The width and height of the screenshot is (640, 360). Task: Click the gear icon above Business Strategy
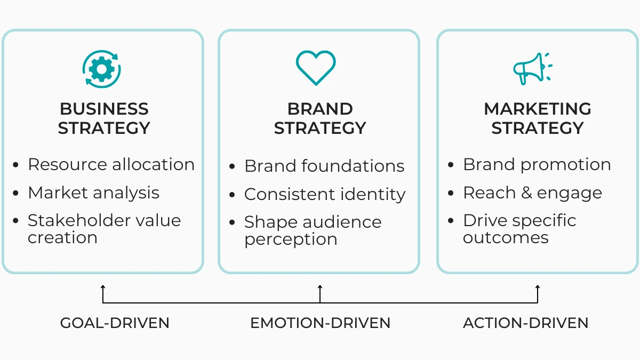[x=102, y=69]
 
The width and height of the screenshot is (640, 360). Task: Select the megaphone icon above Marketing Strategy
[x=532, y=68]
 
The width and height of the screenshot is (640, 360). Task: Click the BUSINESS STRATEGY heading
[x=104, y=118]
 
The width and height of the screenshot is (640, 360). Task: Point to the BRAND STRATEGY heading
[x=320, y=118]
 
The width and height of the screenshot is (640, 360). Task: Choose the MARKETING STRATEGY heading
[x=538, y=118]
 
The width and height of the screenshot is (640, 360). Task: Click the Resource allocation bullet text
[x=111, y=164]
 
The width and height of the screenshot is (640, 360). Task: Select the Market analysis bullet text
[x=93, y=193]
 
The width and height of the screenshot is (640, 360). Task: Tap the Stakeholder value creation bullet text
[x=104, y=229]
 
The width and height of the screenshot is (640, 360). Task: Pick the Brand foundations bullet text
[x=324, y=166]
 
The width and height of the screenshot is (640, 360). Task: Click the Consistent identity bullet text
[x=325, y=195]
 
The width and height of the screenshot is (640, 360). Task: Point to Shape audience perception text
[x=313, y=230]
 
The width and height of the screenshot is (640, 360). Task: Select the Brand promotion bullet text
[x=537, y=164]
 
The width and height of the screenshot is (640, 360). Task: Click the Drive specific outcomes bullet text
[x=519, y=229]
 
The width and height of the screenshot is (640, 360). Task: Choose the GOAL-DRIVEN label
[x=115, y=323]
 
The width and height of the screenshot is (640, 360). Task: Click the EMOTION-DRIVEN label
[x=321, y=323]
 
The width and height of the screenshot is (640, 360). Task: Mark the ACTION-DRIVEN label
[x=525, y=323]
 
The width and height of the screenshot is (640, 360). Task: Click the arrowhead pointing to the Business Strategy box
[x=103, y=287]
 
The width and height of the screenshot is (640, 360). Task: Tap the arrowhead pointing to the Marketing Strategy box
[x=538, y=287]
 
